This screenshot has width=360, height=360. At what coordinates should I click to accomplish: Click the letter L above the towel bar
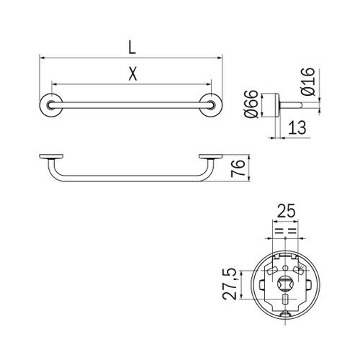pos(130,48)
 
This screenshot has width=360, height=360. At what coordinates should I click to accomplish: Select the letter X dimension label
pos(130,73)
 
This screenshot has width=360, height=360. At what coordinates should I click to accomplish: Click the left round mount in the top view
pos(50,105)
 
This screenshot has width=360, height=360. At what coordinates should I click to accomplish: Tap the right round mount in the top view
pos(212,105)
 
